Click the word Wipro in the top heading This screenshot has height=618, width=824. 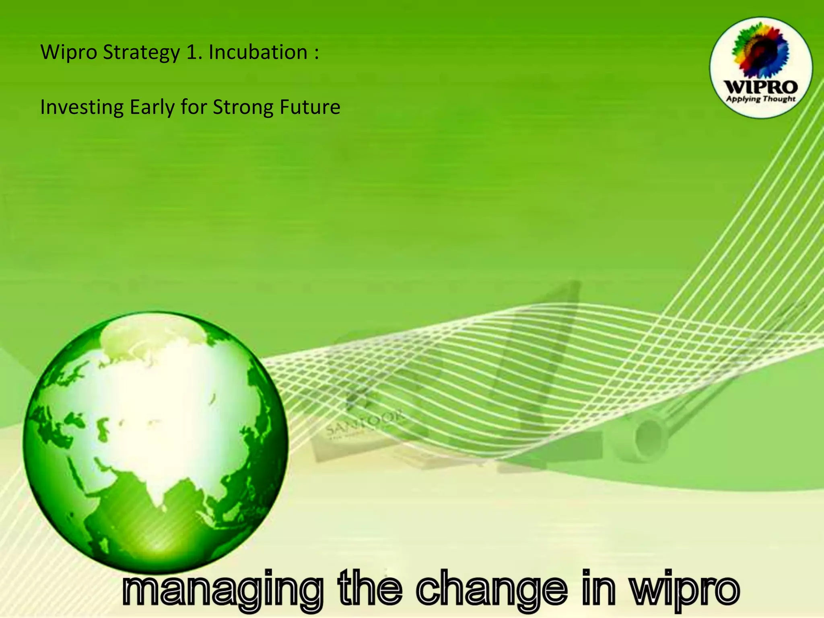pyautogui.click(x=69, y=53)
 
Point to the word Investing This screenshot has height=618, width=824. pyautogui.click(x=82, y=107)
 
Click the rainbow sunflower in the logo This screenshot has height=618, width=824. pyautogui.click(x=760, y=50)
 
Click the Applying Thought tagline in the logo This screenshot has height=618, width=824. pyautogui.click(x=760, y=99)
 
